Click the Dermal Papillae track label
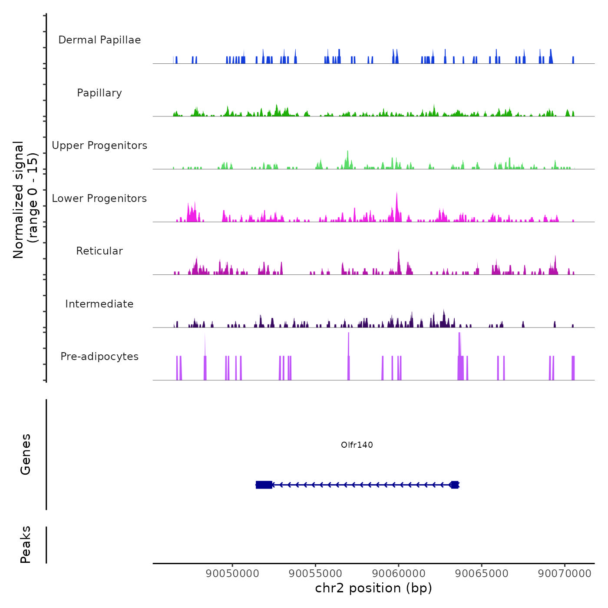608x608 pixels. click(99, 40)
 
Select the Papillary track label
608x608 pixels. click(99, 93)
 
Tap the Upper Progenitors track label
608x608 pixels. click(99, 145)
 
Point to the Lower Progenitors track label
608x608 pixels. click(99, 198)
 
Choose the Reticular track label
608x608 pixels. click(99, 251)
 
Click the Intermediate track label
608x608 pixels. click(99, 304)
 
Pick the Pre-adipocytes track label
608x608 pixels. click(99, 357)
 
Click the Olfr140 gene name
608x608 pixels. click(357, 445)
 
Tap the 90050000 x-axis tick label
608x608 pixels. click(232, 573)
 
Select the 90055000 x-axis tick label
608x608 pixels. click(315, 573)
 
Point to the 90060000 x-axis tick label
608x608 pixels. click(398, 573)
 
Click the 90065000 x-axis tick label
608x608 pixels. click(482, 573)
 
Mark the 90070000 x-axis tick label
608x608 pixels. click(565, 573)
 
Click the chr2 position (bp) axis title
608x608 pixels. click(373, 588)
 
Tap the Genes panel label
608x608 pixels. click(25, 454)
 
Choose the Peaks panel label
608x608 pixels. click(25, 545)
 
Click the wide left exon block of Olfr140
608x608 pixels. click(264, 485)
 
